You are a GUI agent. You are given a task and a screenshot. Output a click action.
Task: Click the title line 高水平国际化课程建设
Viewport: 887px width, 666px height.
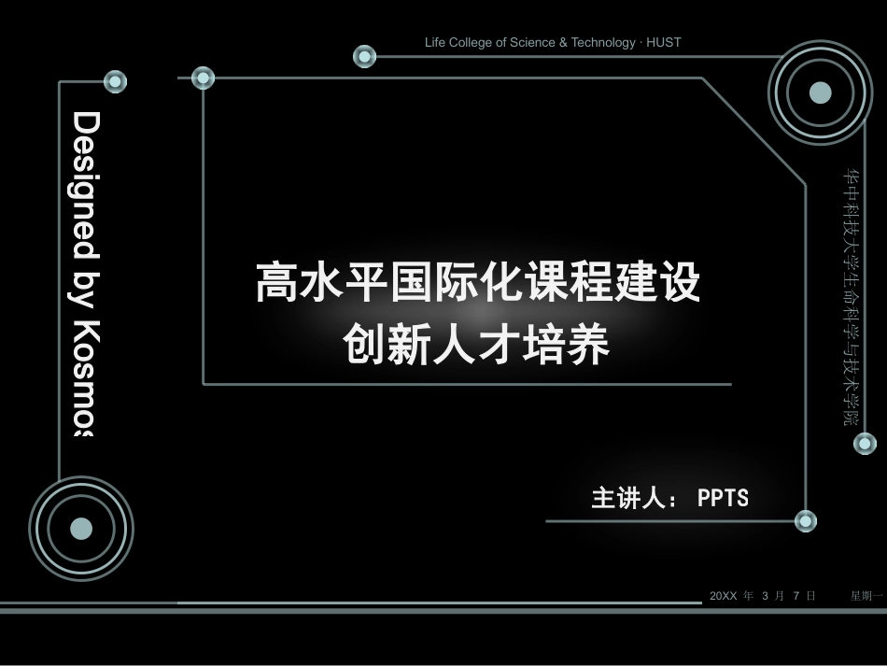click(478, 282)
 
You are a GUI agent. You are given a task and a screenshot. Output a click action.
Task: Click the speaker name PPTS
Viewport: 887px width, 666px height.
click(723, 498)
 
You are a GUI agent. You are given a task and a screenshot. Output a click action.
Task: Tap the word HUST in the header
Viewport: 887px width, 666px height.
click(663, 42)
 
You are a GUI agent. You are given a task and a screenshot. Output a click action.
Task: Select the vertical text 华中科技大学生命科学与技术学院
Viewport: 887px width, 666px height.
click(852, 296)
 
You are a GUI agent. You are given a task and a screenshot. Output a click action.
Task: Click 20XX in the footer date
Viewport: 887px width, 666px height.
click(723, 596)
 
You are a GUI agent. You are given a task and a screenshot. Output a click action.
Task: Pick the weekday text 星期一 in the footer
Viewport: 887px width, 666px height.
click(866, 596)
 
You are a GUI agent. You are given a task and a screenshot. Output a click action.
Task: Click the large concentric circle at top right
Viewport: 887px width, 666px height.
click(820, 92)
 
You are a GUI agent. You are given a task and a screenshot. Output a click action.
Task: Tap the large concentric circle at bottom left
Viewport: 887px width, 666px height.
click(81, 529)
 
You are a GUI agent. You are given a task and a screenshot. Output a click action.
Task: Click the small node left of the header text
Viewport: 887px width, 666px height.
click(364, 56)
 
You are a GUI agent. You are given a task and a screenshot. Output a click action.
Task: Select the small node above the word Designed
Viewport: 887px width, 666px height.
click(115, 81)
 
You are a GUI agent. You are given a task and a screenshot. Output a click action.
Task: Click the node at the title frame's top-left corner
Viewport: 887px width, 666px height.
click(204, 78)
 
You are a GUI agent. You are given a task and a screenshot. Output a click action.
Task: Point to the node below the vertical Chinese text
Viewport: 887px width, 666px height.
click(865, 443)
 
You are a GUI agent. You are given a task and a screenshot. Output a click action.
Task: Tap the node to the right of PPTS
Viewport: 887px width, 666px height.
click(805, 521)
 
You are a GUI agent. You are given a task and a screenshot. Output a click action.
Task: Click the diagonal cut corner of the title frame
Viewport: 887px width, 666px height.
click(753, 131)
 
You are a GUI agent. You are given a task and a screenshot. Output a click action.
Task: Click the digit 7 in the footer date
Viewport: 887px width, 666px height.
click(796, 596)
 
